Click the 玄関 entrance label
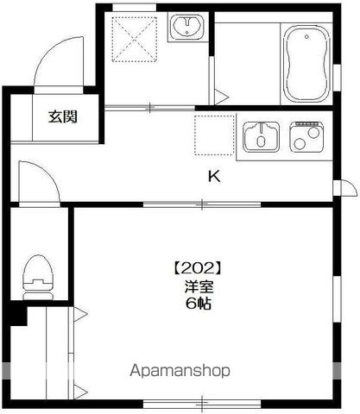click(61, 116)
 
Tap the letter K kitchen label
click(213, 178)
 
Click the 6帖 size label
click(199, 304)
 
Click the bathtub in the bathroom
click(306, 61)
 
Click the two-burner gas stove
click(306, 136)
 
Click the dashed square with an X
click(132, 39)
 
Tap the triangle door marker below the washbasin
click(221, 96)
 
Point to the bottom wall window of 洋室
click(203, 401)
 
